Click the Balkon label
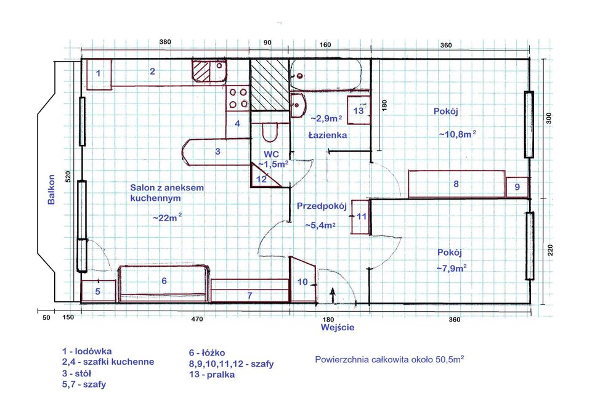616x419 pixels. click(x=52, y=189)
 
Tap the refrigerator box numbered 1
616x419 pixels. click(x=99, y=75)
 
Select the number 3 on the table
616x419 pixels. click(x=217, y=152)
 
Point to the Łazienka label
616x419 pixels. click(x=328, y=135)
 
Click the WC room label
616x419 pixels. click(x=272, y=154)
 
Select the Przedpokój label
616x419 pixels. click(x=322, y=206)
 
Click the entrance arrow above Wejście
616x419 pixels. click(x=333, y=296)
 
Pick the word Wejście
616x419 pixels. click(x=338, y=327)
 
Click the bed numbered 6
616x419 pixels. click(x=164, y=283)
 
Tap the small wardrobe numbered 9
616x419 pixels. click(x=517, y=187)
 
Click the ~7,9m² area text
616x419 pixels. click(x=452, y=269)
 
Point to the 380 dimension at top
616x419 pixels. click(x=165, y=42)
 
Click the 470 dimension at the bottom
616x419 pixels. click(x=197, y=319)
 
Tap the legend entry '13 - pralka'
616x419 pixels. click(x=212, y=374)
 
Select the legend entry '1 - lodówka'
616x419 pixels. click(x=87, y=351)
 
